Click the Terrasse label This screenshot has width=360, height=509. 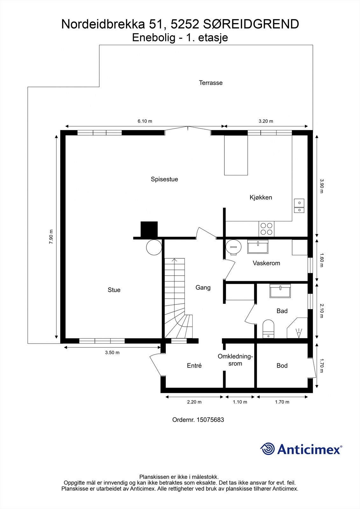(x=211, y=83)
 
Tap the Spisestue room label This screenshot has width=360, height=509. (x=164, y=179)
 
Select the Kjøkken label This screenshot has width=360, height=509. (x=261, y=197)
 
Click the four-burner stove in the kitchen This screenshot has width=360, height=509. (x=266, y=228)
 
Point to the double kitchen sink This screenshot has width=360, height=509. (x=299, y=206)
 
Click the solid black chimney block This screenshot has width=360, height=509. (x=149, y=229)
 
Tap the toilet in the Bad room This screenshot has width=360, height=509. (x=268, y=329)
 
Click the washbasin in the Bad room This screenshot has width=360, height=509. (x=280, y=291)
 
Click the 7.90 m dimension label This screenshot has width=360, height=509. (x=51, y=237)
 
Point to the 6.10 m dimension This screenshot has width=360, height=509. (x=145, y=121)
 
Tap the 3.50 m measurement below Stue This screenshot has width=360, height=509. (x=112, y=352)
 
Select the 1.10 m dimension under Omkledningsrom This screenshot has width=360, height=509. (x=240, y=402)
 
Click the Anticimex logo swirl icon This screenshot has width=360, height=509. (x=267, y=449)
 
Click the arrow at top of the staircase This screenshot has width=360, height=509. (x=174, y=260)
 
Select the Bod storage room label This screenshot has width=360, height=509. (x=282, y=366)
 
